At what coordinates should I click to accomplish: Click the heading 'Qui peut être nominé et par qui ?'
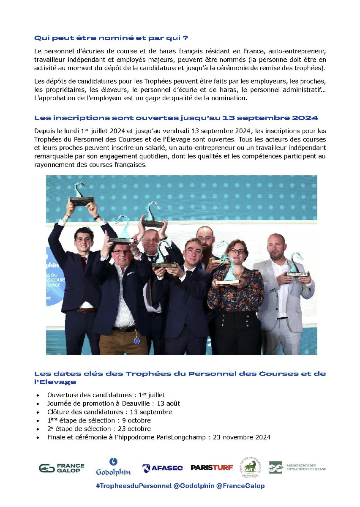[x=111, y=38]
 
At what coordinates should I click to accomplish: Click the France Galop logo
[x=62, y=468]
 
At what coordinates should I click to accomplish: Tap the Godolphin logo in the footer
[x=113, y=467]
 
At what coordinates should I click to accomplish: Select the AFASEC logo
[x=162, y=468]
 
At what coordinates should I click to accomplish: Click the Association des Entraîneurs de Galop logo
[x=297, y=467]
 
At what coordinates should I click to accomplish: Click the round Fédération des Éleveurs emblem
[x=252, y=466]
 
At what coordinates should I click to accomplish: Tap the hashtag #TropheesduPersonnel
[x=134, y=486]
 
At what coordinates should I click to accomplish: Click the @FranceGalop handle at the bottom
[x=240, y=486]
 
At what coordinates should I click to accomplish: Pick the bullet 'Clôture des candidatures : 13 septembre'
[x=110, y=412]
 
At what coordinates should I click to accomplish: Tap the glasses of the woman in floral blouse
[x=237, y=251]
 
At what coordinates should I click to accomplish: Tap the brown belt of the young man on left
[x=87, y=310]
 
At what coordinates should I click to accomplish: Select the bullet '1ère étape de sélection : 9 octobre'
[x=99, y=420]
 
